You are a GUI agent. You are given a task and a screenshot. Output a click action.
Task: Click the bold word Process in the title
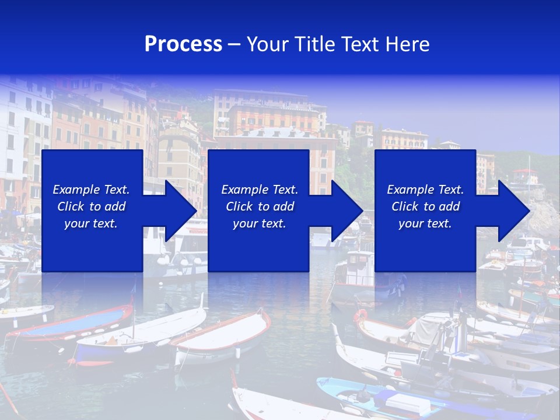(183, 44)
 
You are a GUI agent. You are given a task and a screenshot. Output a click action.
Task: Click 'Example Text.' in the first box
(91, 190)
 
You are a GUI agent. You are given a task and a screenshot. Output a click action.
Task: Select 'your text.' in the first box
(91, 223)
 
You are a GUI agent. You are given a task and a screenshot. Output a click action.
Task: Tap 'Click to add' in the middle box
(260, 206)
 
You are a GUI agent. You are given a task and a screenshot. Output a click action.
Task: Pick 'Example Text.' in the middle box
(260, 190)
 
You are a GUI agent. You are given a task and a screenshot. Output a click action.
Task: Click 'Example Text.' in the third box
(425, 190)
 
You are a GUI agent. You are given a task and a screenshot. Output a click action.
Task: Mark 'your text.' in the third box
(425, 223)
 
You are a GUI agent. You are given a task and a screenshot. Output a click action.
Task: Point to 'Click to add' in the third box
(425, 206)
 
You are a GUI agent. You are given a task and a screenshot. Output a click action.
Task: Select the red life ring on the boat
(360, 316)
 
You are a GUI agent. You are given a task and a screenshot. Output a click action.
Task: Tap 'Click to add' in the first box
(91, 206)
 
